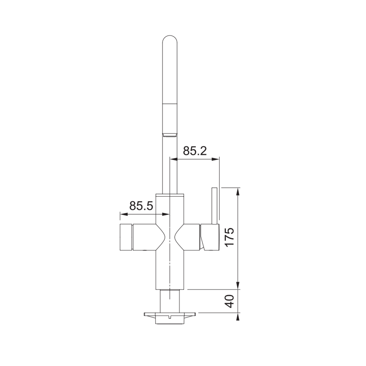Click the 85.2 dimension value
point(195,151)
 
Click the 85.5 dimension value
point(141,206)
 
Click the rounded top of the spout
point(170,41)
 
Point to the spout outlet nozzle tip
point(170,134)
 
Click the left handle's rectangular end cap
point(125,237)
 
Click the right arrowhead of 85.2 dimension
point(217,159)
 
